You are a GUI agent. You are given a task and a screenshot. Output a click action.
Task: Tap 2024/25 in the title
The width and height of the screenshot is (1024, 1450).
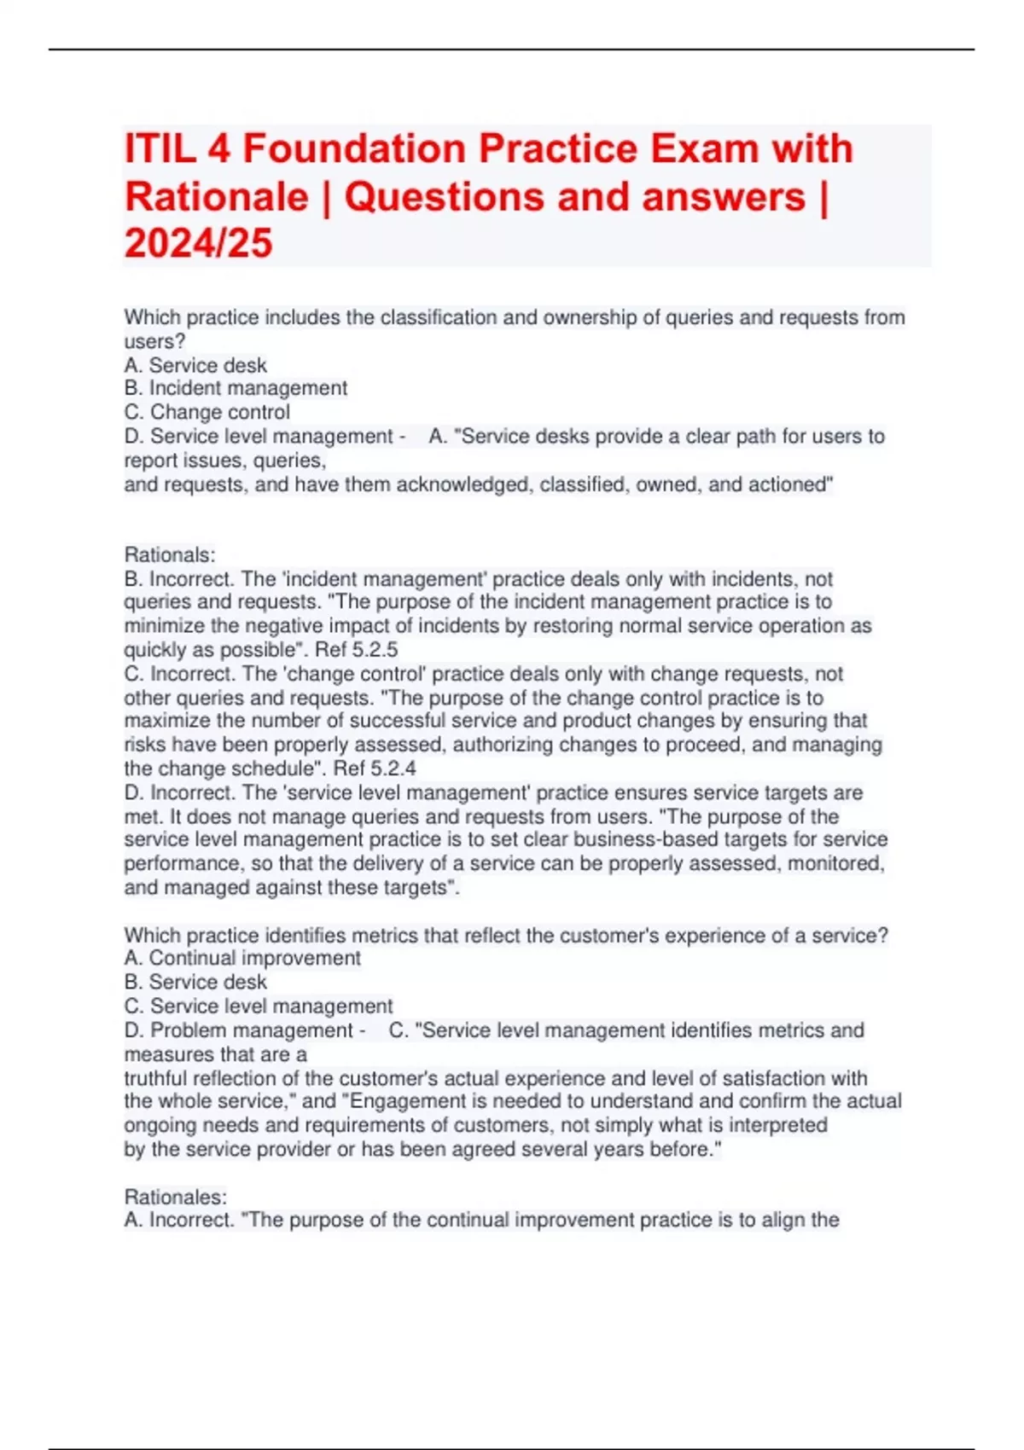pos(199,243)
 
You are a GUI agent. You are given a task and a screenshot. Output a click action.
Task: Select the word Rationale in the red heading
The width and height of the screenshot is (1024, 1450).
pos(216,197)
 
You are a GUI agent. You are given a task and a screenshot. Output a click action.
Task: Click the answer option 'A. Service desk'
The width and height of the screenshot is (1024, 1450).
pos(195,365)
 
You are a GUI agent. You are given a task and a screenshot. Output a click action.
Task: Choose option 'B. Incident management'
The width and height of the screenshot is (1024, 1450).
pos(236,388)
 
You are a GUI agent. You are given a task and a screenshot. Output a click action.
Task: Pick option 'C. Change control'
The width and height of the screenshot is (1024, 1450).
pos(207,412)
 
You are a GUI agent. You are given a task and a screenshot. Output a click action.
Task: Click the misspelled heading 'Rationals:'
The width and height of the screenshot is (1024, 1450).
pos(170,554)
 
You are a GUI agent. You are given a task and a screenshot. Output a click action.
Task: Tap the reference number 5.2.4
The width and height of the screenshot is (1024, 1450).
pos(393,768)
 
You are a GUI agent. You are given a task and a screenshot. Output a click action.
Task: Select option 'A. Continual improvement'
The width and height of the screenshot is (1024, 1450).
pos(242,958)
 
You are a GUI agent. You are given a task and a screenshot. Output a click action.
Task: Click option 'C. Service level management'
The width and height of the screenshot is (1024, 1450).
pos(259,1006)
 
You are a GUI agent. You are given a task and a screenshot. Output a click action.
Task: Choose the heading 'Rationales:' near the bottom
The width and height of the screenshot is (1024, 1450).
pos(176,1197)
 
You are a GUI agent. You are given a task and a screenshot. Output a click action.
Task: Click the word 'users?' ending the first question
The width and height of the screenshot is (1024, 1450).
pos(154,341)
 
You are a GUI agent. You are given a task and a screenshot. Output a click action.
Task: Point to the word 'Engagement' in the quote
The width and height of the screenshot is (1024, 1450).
pos(402,1101)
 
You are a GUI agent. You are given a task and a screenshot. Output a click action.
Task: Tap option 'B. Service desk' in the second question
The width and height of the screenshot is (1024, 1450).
pos(195,982)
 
